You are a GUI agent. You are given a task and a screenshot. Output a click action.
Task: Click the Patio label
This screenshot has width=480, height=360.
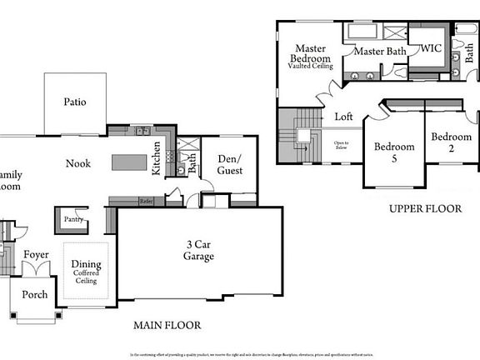pos(75,102)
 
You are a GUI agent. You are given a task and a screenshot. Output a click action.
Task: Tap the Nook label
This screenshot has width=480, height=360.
pos(77,163)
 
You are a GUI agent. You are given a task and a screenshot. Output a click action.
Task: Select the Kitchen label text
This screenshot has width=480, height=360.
pos(156,158)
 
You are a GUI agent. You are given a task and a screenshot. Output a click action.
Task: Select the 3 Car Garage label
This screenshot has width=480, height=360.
pos(199,250)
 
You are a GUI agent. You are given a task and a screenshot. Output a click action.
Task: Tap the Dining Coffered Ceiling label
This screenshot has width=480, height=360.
pos(86,271)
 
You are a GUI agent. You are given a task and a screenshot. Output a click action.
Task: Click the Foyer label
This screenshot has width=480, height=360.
pos(36,255)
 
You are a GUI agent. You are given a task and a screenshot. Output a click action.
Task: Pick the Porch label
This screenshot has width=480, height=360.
pos(34,294)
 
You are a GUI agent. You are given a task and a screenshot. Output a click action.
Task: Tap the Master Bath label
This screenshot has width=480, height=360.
pos(379,52)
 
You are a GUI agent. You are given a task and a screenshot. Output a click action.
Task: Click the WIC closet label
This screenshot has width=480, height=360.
pos(430,49)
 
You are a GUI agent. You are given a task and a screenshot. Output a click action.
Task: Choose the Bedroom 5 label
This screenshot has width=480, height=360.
pos(394,152)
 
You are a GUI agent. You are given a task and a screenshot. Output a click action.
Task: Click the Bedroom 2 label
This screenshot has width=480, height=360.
pos(451,142)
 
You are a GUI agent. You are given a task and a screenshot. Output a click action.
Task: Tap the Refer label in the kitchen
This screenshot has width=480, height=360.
pos(146,201)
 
